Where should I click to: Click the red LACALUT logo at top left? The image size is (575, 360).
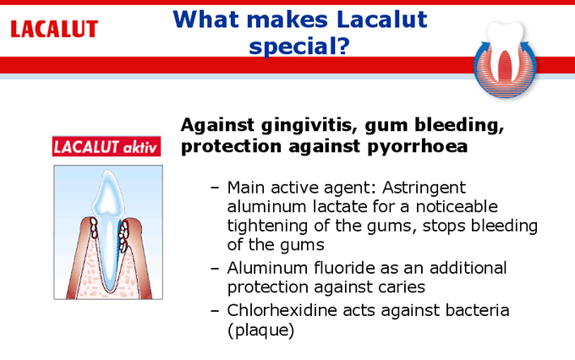tap(54, 29)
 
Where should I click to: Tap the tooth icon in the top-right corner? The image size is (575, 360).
tap(505, 58)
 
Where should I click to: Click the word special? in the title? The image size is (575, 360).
tap(299, 46)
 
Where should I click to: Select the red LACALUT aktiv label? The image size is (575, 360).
tap(107, 147)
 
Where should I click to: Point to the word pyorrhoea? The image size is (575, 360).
tap(418, 147)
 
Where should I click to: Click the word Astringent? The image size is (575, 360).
tap(424, 188)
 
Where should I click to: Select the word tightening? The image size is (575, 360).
tap(267, 226)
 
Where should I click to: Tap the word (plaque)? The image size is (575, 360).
tap(260, 330)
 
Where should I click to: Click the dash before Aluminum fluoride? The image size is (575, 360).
tap(215, 269)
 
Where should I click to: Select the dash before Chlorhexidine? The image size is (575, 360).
tap(215, 311)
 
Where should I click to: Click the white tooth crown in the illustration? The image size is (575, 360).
tap(107, 194)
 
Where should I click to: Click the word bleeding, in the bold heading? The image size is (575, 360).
tap(459, 126)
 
